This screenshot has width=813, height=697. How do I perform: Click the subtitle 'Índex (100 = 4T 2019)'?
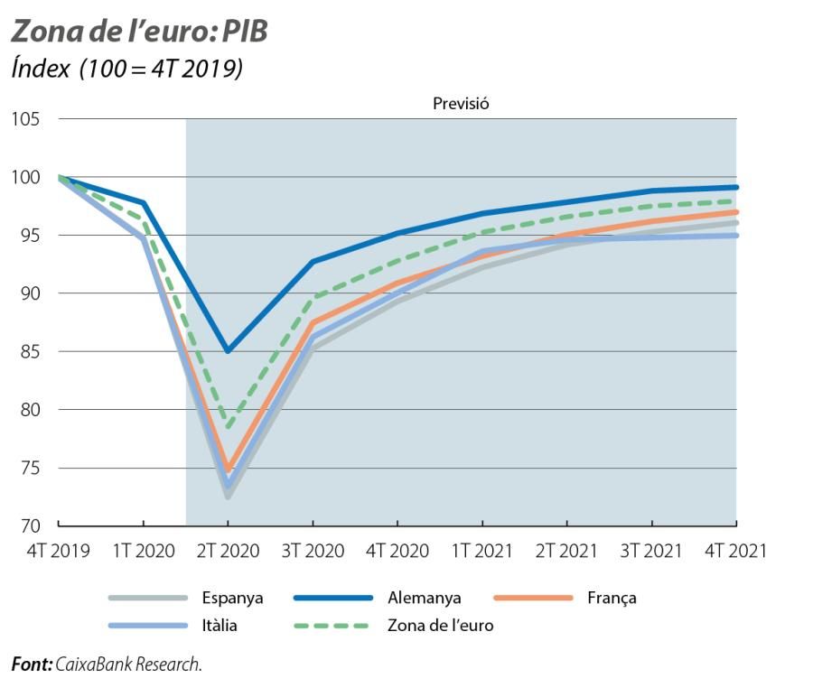click(x=126, y=70)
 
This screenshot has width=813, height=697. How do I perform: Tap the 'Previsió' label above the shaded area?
click(x=461, y=103)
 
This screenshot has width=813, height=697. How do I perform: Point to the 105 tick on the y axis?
click(x=28, y=119)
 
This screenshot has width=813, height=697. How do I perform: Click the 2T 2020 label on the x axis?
click(x=228, y=551)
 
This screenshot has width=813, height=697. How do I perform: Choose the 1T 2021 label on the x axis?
click(x=482, y=551)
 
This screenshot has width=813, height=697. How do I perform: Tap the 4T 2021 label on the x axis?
click(x=735, y=551)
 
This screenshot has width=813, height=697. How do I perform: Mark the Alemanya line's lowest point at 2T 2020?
click(x=228, y=350)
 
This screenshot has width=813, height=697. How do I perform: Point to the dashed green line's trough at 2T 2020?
click(x=228, y=426)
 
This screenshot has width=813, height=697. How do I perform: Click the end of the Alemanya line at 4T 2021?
click(x=736, y=188)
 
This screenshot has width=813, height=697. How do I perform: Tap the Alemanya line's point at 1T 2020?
click(x=143, y=203)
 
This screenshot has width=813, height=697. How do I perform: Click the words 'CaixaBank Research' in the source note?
click(x=127, y=665)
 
